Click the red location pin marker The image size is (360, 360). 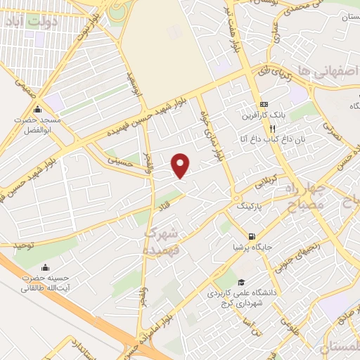pos(181,165)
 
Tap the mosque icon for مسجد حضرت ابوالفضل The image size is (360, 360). pos(37,110)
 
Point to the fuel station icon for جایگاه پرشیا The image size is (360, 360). pos(252,236)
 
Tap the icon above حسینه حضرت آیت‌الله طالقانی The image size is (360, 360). pos(46,267)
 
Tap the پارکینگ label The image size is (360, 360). pos(252,207)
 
